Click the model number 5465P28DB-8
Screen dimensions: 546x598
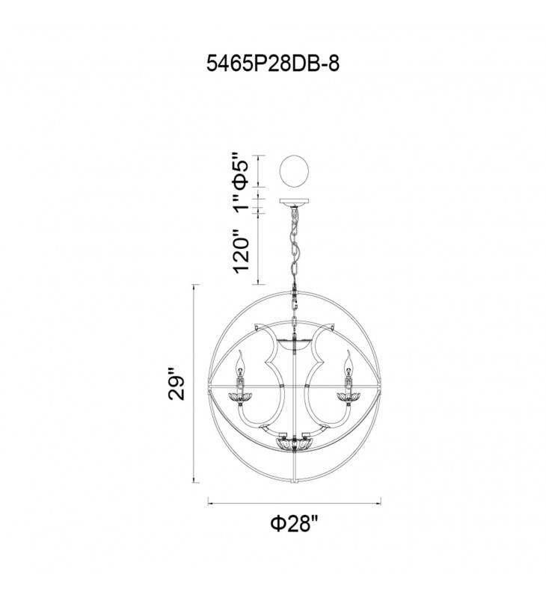pyautogui.click(x=273, y=63)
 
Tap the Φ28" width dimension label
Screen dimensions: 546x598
pyautogui.click(x=294, y=524)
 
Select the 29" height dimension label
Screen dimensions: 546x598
pyautogui.click(x=177, y=383)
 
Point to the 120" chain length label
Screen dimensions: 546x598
pyautogui.click(x=241, y=251)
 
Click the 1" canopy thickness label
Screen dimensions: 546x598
pyautogui.click(x=241, y=202)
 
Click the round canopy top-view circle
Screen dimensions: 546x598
pyautogui.click(x=294, y=171)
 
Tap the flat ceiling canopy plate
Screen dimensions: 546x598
pyautogui.click(x=294, y=202)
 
